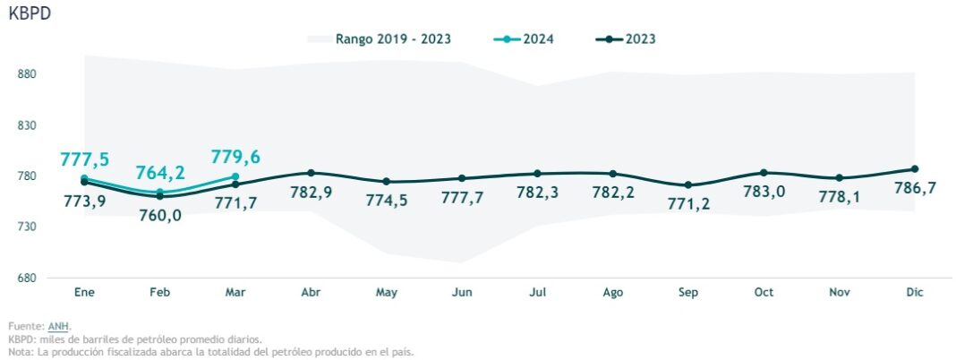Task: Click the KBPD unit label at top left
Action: [x=30, y=15]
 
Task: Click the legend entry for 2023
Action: [x=626, y=39]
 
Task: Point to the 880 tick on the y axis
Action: [x=27, y=74]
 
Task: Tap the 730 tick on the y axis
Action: [x=27, y=227]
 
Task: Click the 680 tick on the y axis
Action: [x=27, y=278]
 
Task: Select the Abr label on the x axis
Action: [x=311, y=293]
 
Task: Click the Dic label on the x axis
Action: [x=914, y=293]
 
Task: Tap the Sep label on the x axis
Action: [x=688, y=293]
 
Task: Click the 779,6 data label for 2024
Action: [x=235, y=157]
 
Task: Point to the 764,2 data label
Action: [x=160, y=173]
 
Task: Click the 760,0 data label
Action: [x=160, y=215]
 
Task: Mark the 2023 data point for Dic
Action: [x=915, y=169]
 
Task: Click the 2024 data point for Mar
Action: [x=235, y=176]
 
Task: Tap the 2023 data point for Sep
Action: [x=688, y=185]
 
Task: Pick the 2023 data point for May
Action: [x=387, y=182]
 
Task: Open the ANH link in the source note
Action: [x=58, y=327]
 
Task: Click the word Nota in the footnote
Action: [x=20, y=352]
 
